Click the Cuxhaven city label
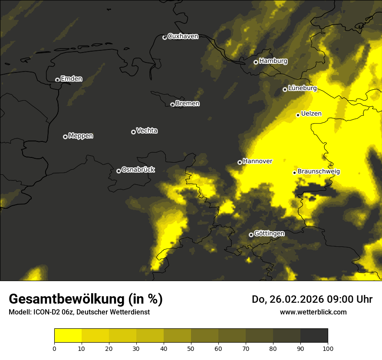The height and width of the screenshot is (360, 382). click(x=183, y=36)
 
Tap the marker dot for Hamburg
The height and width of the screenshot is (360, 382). click(x=256, y=62)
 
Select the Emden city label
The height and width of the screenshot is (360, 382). click(x=71, y=79)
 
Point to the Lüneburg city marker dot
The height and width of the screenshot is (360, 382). click(x=285, y=89)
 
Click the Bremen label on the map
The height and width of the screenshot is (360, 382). click(x=188, y=104)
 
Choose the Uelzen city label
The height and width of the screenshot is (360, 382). click(x=311, y=114)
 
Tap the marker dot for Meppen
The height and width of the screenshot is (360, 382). click(x=65, y=137)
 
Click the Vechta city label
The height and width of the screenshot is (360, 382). click(x=147, y=131)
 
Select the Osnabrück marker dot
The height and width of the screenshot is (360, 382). click(x=119, y=171)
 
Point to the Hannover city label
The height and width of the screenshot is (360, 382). click(x=257, y=161)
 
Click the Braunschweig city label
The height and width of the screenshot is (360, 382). click(x=319, y=172)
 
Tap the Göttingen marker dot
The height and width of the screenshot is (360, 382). click(x=251, y=235)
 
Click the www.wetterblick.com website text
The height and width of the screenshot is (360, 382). click(x=313, y=312)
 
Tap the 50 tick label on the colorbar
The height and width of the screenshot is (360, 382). click(x=191, y=348)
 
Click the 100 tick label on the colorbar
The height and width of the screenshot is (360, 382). click(x=328, y=348)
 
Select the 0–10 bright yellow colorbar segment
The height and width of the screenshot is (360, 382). click(x=68, y=336)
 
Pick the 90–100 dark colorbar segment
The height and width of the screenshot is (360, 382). click(x=314, y=336)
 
